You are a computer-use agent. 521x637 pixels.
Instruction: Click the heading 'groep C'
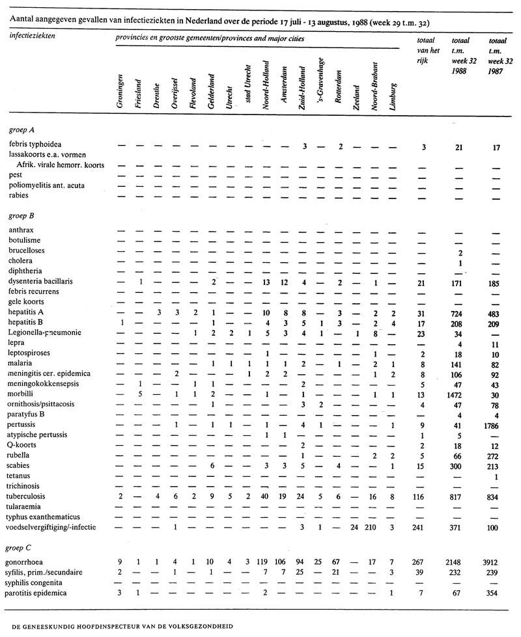pos(22,543)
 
